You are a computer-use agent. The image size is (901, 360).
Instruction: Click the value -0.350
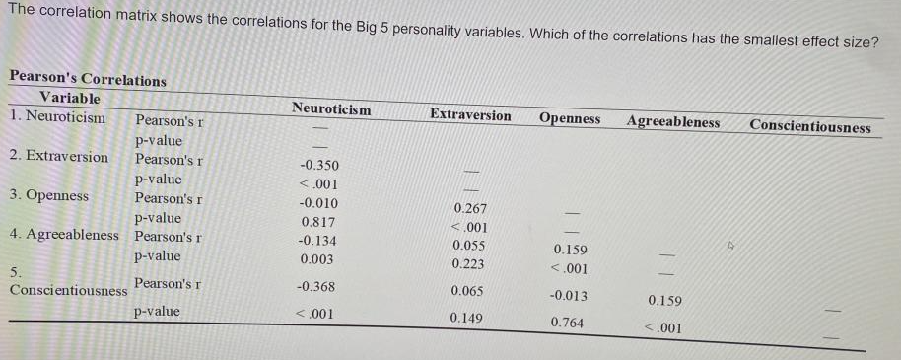[318, 165]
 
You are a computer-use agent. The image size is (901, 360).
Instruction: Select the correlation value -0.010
[317, 203]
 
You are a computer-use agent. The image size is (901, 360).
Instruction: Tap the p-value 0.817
[317, 222]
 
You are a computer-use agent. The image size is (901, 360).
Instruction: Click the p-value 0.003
[316, 259]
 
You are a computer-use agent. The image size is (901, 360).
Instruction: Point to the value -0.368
[315, 287]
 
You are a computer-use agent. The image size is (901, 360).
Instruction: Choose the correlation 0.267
[469, 208]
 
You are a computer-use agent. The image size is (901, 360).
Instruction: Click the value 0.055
[468, 245]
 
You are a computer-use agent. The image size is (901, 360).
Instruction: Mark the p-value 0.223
[468, 263]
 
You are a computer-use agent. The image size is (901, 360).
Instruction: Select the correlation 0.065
[467, 291]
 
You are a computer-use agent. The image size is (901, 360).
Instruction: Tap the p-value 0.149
[467, 318]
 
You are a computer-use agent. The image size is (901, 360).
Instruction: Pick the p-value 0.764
[567, 322]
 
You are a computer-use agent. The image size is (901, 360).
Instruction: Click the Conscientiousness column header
[809, 126]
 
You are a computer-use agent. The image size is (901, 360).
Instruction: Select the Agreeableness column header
[672, 122]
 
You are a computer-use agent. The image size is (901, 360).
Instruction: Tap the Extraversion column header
[470, 115]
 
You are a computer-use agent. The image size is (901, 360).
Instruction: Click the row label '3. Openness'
[48, 195]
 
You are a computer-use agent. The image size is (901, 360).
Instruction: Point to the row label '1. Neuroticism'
[57, 116]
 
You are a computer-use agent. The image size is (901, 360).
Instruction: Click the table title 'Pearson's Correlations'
[87, 79]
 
